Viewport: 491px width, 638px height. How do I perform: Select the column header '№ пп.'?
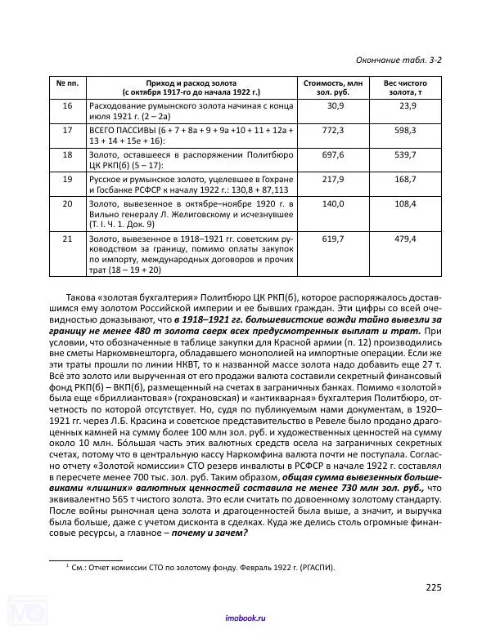pos(67,84)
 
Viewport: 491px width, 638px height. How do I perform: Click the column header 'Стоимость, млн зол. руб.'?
pos(332,88)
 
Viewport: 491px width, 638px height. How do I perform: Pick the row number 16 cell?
pos(67,107)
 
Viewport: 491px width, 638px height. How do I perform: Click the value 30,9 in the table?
pos(335,107)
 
